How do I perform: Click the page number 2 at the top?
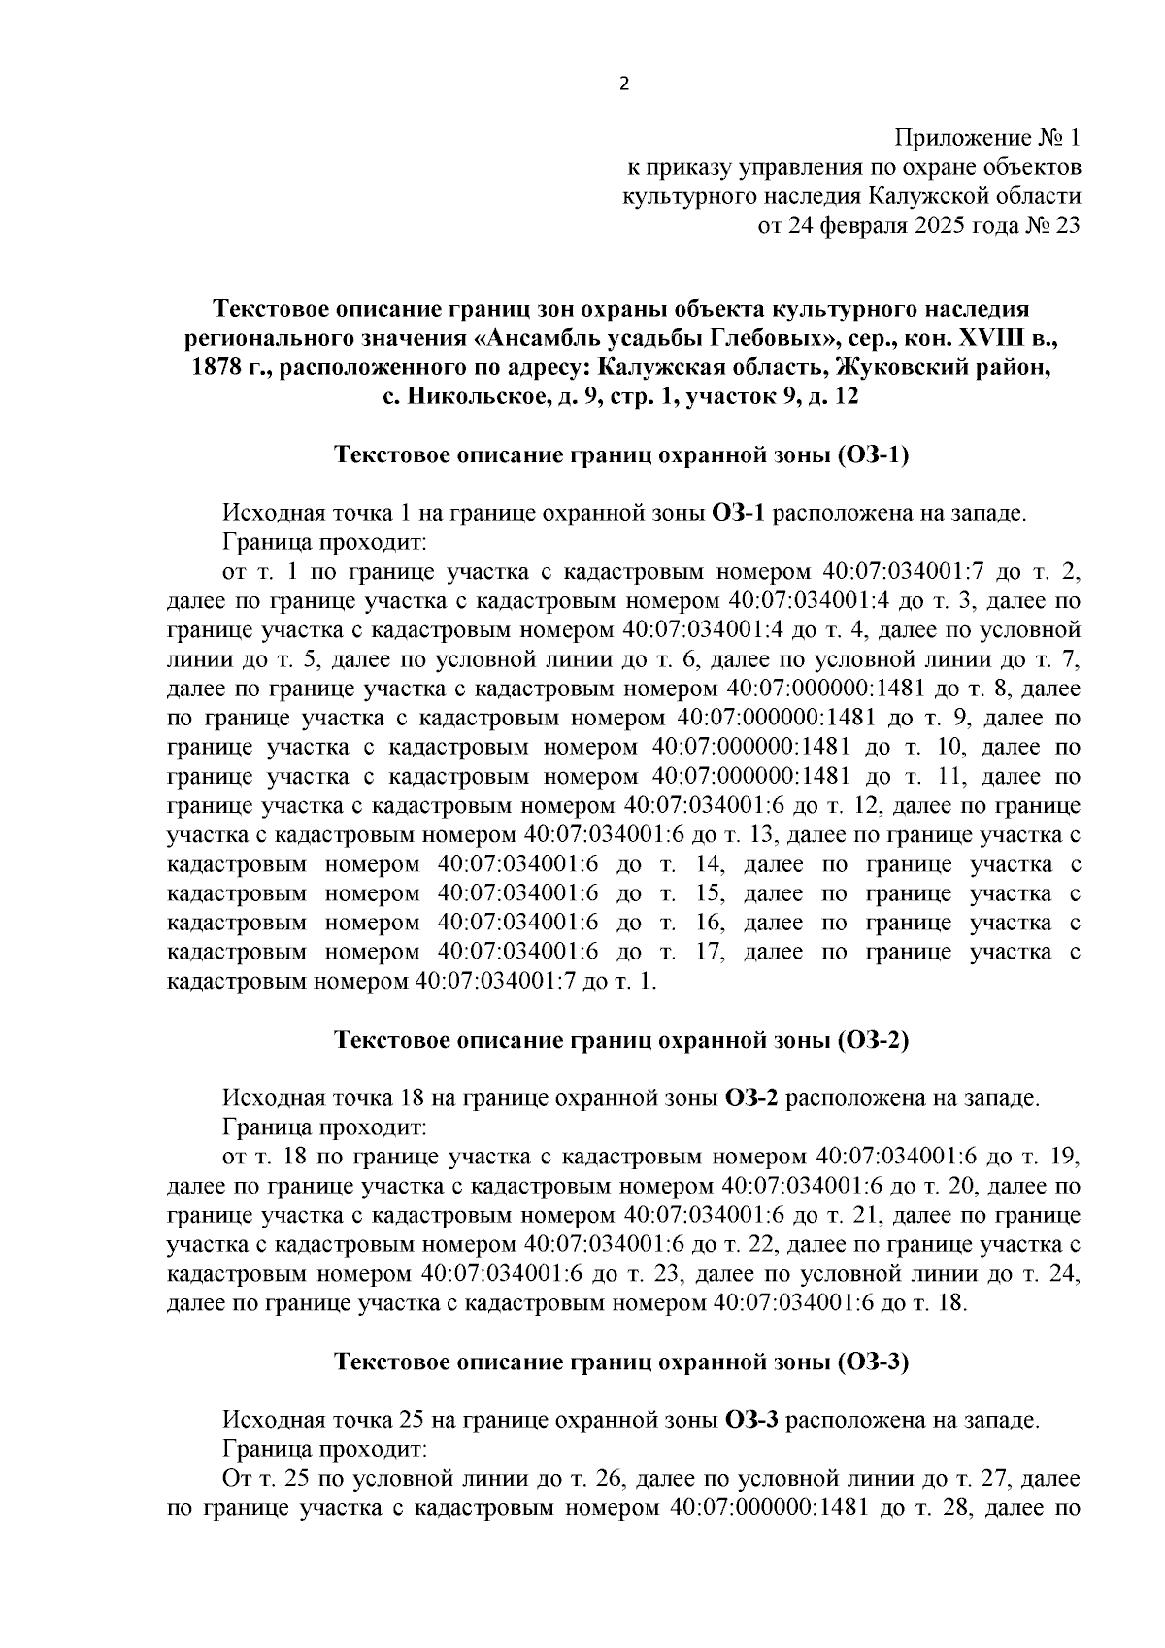(x=624, y=84)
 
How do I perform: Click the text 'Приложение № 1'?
(x=987, y=137)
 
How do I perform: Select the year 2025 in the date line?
(x=937, y=225)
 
